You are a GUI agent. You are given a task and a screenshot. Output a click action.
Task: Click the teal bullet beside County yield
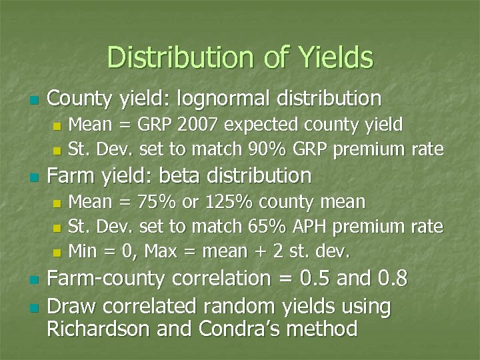(33, 101)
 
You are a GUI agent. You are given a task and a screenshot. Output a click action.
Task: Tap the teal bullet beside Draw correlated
(33, 308)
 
